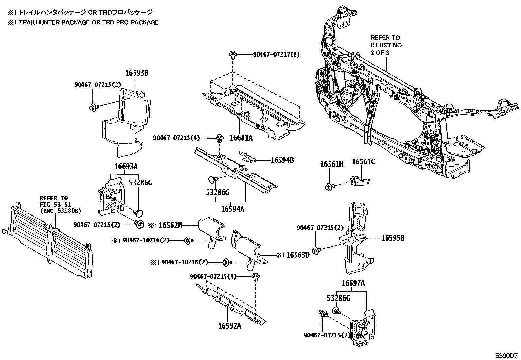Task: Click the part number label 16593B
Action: [137, 73]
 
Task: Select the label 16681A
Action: [241, 138]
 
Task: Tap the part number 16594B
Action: [282, 160]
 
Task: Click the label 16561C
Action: [364, 162]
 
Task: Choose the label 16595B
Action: [393, 238]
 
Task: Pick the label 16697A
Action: [353, 283]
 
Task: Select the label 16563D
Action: [297, 255]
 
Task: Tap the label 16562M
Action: [170, 225]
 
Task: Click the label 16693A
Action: [126, 167]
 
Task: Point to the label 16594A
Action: [233, 209]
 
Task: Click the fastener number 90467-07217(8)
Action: [276, 55]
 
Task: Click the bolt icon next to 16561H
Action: [329, 187]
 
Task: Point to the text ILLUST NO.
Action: [386, 45]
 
